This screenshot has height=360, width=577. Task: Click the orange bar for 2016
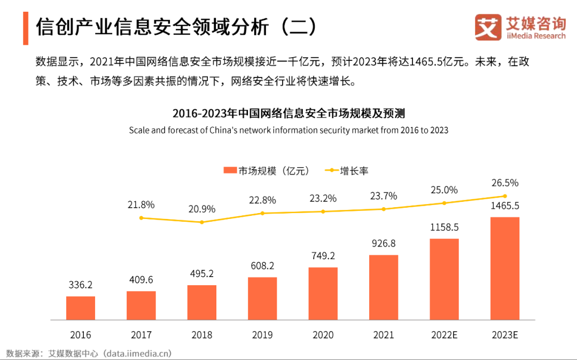81,308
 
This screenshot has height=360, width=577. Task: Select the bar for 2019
262,299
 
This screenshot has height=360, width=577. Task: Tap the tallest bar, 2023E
505,269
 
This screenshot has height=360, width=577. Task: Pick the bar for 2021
384,287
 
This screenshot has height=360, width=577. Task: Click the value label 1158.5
444,227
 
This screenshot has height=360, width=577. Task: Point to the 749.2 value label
323,256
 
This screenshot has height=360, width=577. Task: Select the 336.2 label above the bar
81,285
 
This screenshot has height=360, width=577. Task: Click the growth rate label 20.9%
202,209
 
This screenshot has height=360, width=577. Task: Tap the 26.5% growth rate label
505,183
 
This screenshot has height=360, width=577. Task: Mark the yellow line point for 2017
141,218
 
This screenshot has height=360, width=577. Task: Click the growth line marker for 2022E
444,203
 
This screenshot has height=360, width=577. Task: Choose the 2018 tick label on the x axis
202,335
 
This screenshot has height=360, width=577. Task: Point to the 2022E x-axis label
444,335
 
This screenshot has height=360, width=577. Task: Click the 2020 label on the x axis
323,335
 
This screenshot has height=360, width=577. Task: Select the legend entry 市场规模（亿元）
267,171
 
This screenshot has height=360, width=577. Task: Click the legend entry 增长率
347,171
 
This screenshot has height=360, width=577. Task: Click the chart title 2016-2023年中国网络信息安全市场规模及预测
288,113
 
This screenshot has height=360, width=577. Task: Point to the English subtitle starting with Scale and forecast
288,130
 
